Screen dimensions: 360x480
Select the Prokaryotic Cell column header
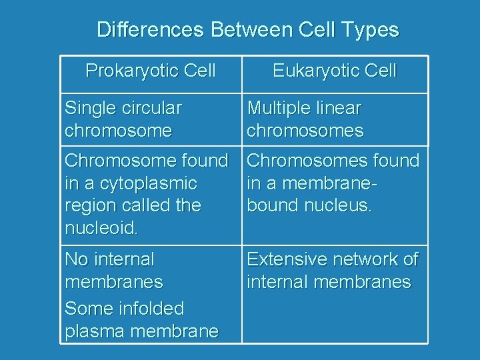pyautogui.click(x=151, y=71)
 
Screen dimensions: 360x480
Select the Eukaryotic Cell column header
pyautogui.click(x=334, y=71)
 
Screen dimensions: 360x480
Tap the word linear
pyautogui.click(x=340, y=108)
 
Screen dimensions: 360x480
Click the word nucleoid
pyautogui.click(x=101, y=228)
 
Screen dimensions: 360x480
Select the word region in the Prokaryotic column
pyautogui.click(x=89, y=206)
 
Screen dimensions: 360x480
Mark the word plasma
pyautogui.click(x=92, y=331)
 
